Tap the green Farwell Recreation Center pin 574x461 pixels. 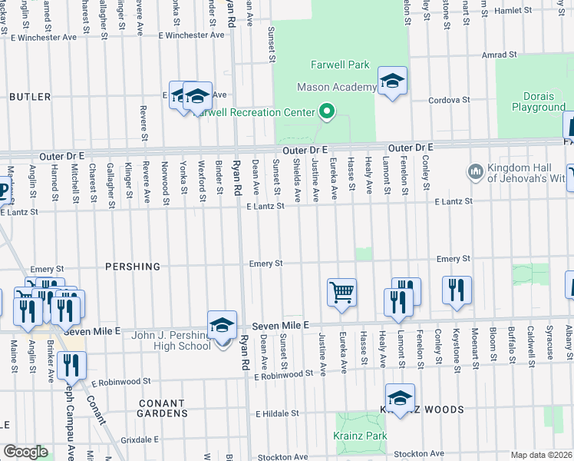[x=326, y=112]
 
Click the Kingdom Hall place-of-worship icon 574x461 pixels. [x=473, y=170]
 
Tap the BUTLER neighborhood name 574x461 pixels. [x=30, y=97]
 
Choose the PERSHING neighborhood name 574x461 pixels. [x=134, y=267]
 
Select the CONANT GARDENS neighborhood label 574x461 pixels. [x=162, y=408]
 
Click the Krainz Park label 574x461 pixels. [x=360, y=436]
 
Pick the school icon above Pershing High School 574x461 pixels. [x=222, y=325]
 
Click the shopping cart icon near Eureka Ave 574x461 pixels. [x=341, y=293]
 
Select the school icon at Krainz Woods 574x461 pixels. [x=400, y=398]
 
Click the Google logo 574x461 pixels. [x=25, y=452]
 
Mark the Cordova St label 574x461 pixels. [x=449, y=100]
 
